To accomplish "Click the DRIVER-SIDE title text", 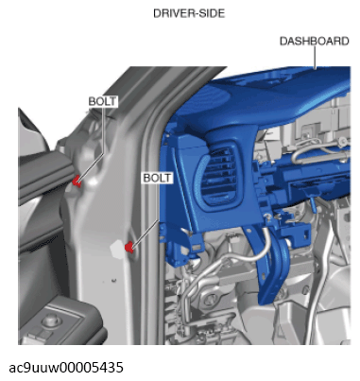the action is pyautogui.click(x=189, y=13).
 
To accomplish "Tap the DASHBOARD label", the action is pyautogui.click(x=315, y=42).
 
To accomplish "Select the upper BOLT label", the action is pyautogui.click(x=102, y=101).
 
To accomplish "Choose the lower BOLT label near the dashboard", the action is pyautogui.click(x=157, y=178).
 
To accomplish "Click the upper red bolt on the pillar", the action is pyautogui.click(x=77, y=182).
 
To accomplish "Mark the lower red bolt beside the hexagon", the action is pyautogui.click(x=129, y=247).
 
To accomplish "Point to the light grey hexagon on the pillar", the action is pyautogui.click(x=117, y=249).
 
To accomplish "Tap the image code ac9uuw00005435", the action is pyautogui.click(x=66, y=368).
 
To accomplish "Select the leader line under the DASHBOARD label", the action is pyautogui.click(x=315, y=58).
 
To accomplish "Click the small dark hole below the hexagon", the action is pyautogui.click(x=113, y=280).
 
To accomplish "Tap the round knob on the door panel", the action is pyautogui.click(x=49, y=320).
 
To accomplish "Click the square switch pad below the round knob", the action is pyautogui.click(x=39, y=334).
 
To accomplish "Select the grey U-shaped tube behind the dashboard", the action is pyautogui.click(x=318, y=153).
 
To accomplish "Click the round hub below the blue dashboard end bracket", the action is pyautogui.click(x=209, y=299).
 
